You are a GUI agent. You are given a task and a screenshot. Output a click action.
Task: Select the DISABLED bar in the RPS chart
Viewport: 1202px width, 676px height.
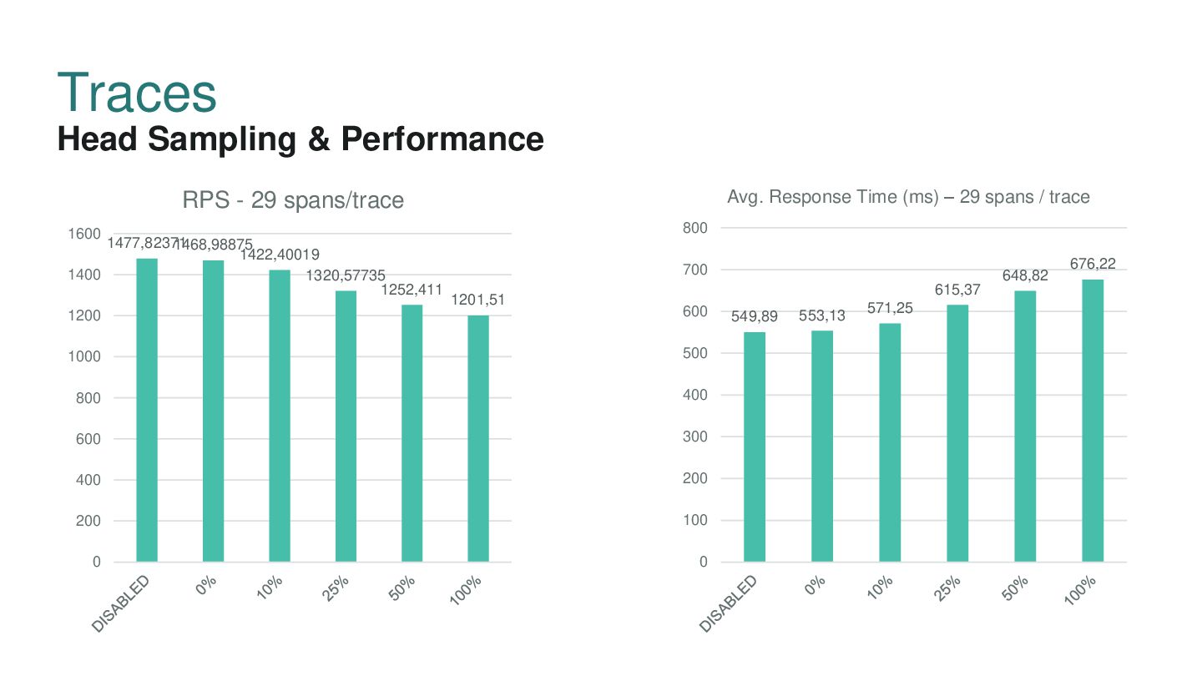coord(147,410)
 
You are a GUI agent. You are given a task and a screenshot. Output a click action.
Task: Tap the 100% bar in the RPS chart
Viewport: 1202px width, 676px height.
coord(478,438)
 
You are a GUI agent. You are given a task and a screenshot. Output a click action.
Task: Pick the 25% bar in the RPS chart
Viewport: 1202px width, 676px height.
coord(346,426)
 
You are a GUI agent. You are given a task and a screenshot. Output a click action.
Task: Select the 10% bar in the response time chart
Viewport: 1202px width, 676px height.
coord(890,441)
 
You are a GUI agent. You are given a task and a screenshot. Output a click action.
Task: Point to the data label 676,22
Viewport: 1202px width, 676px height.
coord(1093,264)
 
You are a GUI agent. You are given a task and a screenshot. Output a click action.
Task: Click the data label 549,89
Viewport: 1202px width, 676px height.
coord(755,316)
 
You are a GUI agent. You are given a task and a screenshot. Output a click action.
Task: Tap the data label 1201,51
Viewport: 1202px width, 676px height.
coord(478,300)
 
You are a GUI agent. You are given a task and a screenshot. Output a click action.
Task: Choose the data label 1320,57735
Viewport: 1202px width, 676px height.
coord(346,275)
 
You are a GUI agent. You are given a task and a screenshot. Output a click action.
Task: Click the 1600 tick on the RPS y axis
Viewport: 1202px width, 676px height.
coord(85,234)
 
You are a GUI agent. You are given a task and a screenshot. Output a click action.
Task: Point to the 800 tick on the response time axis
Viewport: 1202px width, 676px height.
coord(696,228)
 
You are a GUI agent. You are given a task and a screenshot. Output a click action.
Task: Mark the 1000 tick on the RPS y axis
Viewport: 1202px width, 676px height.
coord(85,356)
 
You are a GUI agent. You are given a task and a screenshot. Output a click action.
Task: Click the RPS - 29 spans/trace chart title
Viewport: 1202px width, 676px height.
coord(293,200)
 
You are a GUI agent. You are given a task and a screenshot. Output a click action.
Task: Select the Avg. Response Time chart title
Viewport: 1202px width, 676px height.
coord(908,197)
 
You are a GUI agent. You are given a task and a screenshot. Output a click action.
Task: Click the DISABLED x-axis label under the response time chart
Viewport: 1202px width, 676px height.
coord(729,603)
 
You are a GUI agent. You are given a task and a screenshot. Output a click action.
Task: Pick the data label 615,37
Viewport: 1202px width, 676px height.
coord(957,290)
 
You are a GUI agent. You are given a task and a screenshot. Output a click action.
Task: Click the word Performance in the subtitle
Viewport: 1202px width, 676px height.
coord(442,139)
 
